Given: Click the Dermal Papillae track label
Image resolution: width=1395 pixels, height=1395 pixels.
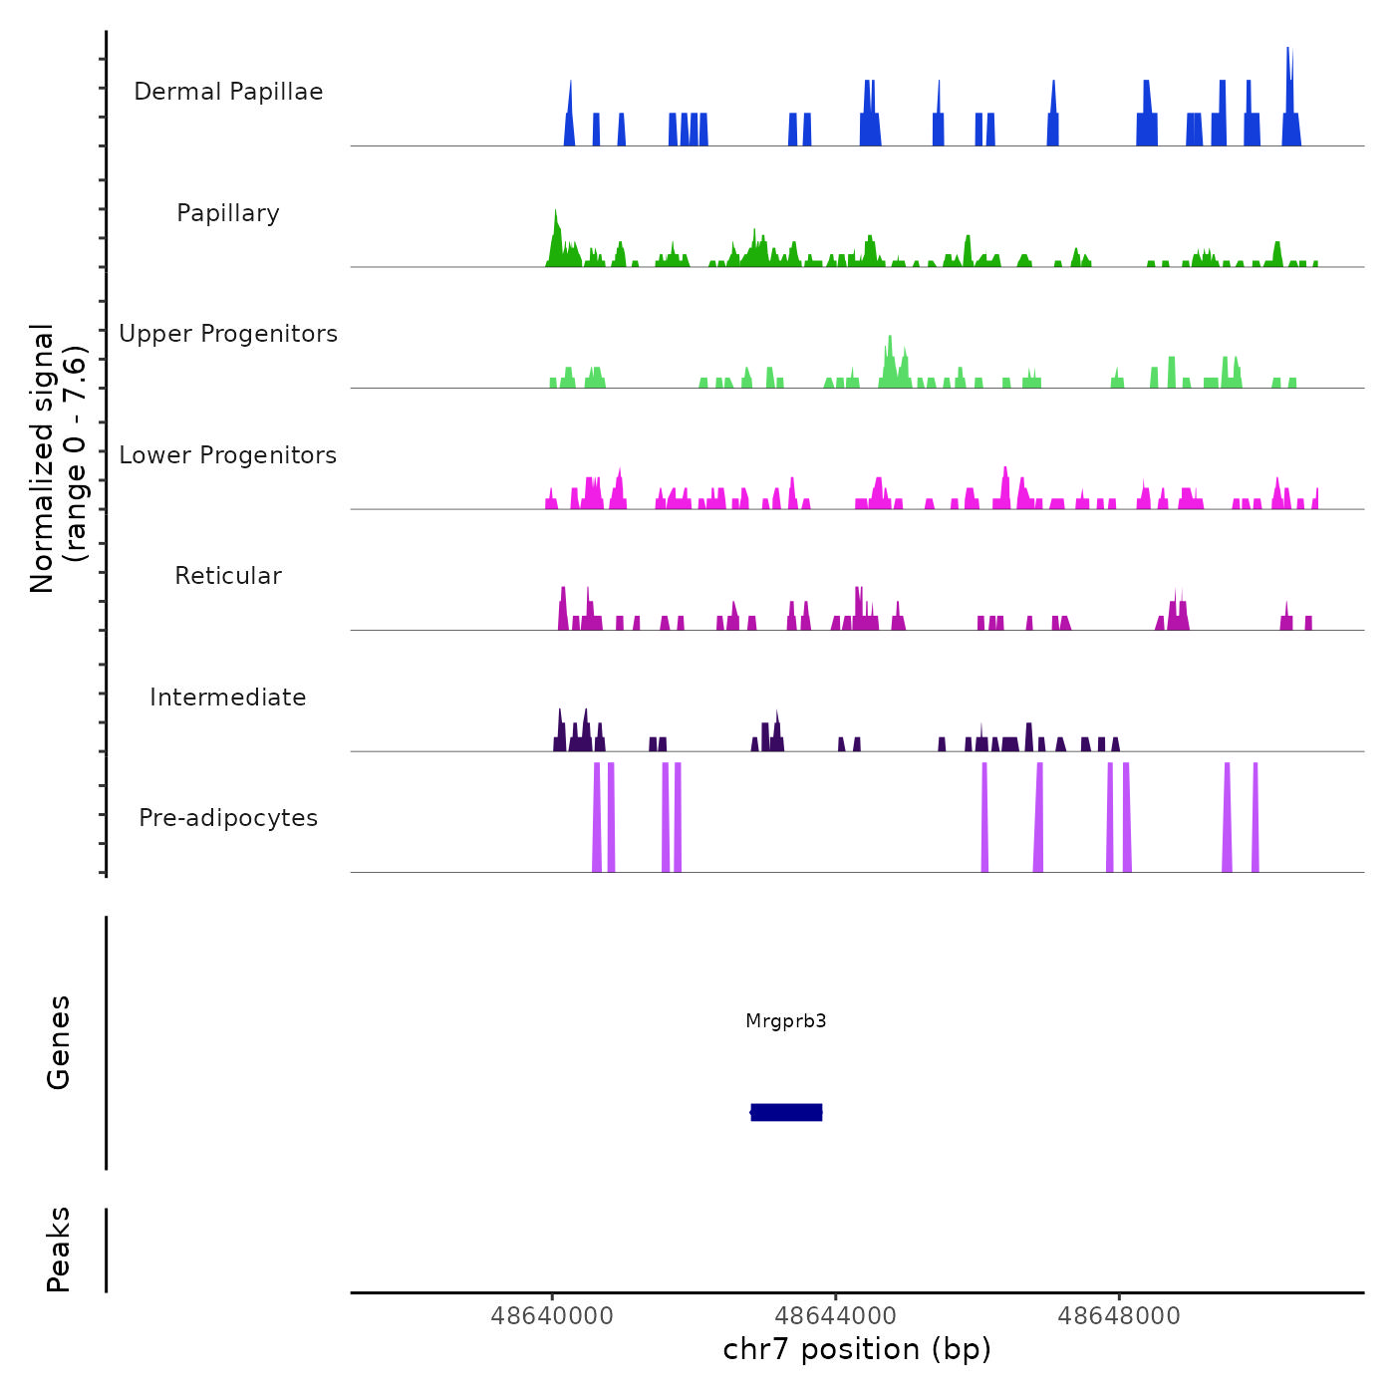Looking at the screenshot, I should click(x=228, y=92).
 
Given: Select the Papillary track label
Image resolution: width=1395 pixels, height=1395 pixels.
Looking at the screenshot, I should click(x=228, y=213).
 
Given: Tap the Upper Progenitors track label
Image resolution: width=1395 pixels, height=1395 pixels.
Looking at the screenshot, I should click(x=228, y=334).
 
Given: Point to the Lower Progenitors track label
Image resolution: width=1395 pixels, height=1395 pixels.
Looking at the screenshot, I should click(x=228, y=455).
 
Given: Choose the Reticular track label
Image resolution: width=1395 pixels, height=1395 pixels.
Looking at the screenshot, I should click(x=228, y=576).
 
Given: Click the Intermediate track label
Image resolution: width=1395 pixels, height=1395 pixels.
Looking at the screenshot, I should click(x=228, y=697).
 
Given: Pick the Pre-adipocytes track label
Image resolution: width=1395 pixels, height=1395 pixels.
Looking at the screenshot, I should click(x=228, y=818).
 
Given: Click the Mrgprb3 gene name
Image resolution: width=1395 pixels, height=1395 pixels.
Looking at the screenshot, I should click(x=786, y=1021).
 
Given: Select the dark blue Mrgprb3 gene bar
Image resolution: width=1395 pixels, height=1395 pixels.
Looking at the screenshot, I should click(x=786, y=1112).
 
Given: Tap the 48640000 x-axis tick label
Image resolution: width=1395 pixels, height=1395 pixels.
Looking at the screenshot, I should click(x=552, y=1316).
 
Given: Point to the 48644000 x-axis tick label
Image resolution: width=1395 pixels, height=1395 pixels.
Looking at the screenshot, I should click(x=835, y=1316).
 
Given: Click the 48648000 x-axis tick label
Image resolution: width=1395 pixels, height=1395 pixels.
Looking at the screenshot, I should click(x=1119, y=1316).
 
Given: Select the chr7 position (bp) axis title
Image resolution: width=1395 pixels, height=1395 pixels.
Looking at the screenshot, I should click(x=857, y=1349).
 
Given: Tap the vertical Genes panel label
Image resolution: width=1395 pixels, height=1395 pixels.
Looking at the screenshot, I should click(x=59, y=1042).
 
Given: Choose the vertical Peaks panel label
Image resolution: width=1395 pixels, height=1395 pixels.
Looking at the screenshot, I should click(x=59, y=1250).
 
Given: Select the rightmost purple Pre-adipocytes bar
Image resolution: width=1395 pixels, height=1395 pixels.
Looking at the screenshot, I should click(x=1255, y=817).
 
